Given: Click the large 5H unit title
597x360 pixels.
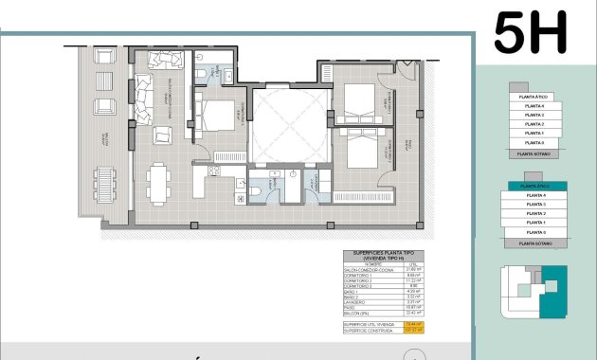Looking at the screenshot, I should point(531,33).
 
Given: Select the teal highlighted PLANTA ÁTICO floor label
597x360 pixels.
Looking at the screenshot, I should point(536,186).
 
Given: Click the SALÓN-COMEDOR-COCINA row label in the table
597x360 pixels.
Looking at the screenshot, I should point(368,269).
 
